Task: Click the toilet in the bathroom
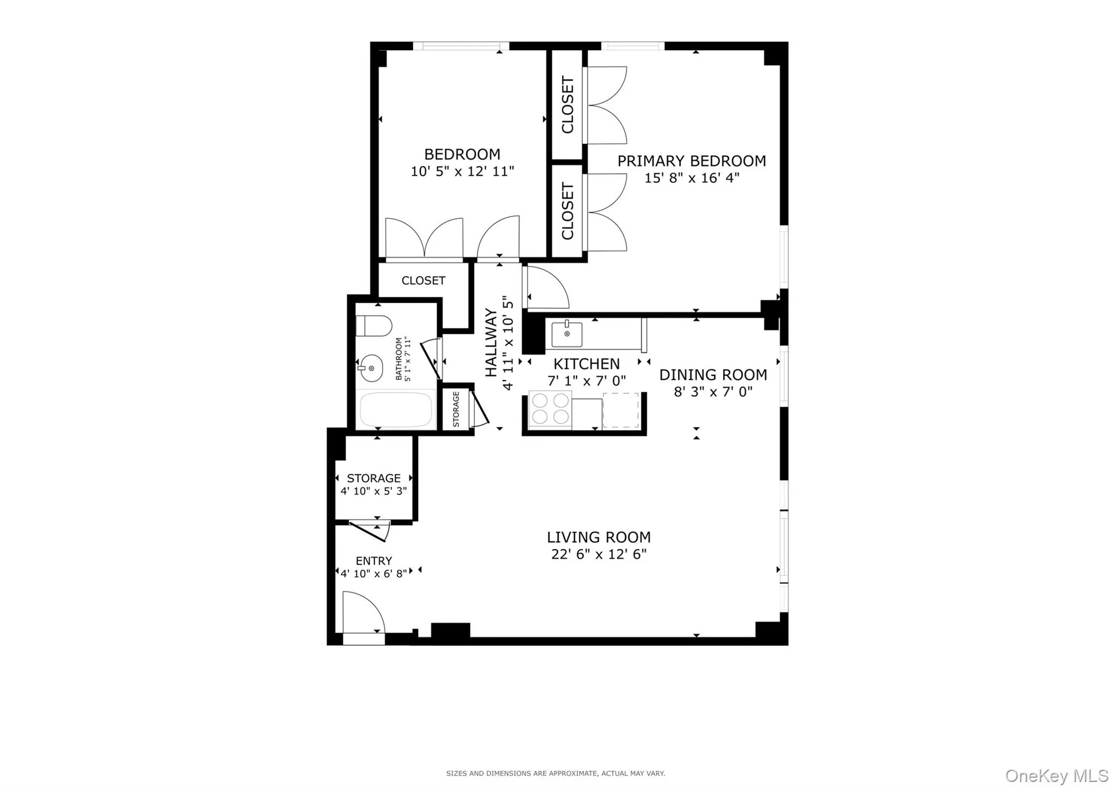[375, 326]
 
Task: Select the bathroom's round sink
[371, 369]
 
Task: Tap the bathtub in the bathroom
[396, 410]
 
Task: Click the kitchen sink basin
[567, 334]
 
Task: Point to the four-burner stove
[549, 409]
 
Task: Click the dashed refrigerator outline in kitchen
[621, 410]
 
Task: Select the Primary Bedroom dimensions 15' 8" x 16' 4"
[691, 178]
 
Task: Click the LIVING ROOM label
[598, 537]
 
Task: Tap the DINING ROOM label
[713, 375]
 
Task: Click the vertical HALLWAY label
[491, 343]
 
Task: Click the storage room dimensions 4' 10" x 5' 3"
[373, 491]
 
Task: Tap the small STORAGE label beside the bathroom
[456, 409]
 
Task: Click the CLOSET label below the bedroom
[423, 280]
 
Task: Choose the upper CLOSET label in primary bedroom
[567, 105]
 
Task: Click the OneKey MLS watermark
[1056, 775]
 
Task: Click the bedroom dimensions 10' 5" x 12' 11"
[462, 172]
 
